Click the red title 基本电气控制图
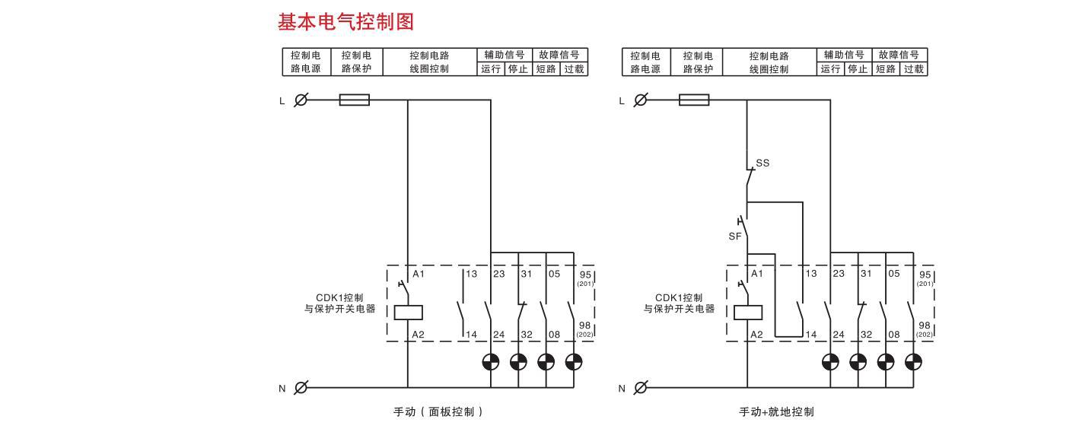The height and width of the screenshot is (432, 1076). [345, 23]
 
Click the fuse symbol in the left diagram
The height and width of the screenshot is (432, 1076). [354, 100]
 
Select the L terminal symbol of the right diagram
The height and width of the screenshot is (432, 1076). [641, 100]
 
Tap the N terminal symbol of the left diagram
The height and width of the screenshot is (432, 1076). [301, 387]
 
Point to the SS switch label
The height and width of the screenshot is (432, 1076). [762, 163]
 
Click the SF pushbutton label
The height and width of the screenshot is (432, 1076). [734, 237]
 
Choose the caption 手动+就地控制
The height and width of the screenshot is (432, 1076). [776, 412]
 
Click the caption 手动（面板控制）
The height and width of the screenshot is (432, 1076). [438, 412]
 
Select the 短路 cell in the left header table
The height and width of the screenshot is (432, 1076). [546, 68]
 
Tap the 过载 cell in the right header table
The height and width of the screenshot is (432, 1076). [914, 68]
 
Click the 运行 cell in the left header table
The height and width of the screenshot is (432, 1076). [491, 68]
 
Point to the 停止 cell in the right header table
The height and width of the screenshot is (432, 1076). [858, 68]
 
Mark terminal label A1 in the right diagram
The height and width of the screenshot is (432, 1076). [757, 274]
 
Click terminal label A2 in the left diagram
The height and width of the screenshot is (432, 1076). [418, 335]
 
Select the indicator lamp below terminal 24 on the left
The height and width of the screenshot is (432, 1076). [491, 361]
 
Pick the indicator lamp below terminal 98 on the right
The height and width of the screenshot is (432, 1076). [914, 361]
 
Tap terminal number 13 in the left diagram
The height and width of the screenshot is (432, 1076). [472, 274]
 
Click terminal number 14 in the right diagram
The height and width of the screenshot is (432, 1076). [812, 335]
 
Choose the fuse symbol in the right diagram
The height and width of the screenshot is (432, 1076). [693, 100]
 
